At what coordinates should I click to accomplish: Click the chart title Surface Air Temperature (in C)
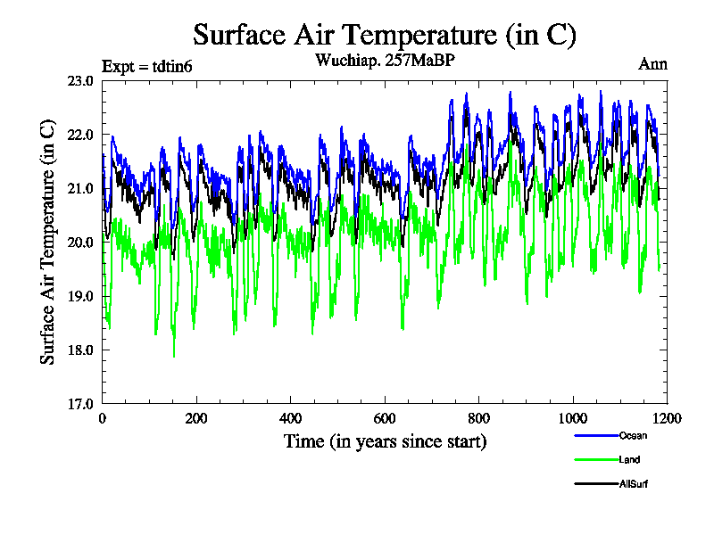click(x=385, y=35)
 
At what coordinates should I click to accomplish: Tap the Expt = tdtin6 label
click(x=147, y=66)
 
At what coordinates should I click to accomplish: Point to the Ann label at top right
click(x=652, y=64)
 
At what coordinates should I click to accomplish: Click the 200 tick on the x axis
click(x=196, y=417)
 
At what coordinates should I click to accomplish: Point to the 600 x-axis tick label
click(x=385, y=417)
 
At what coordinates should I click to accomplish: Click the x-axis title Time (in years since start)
click(x=385, y=441)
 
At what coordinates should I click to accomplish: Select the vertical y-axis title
click(x=48, y=242)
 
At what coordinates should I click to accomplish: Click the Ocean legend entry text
click(x=633, y=435)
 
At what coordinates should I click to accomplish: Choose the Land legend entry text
click(x=629, y=460)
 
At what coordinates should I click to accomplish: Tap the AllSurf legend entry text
click(x=635, y=485)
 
